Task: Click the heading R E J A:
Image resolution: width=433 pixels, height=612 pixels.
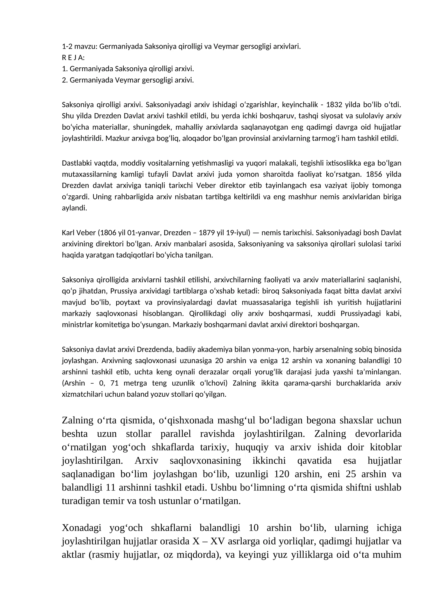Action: coord(73,58)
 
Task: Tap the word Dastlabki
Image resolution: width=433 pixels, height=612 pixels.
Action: coord(76,163)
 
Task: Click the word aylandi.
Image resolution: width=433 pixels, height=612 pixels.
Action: coord(74,208)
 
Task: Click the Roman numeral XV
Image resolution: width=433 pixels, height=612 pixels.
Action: coord(218,541)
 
